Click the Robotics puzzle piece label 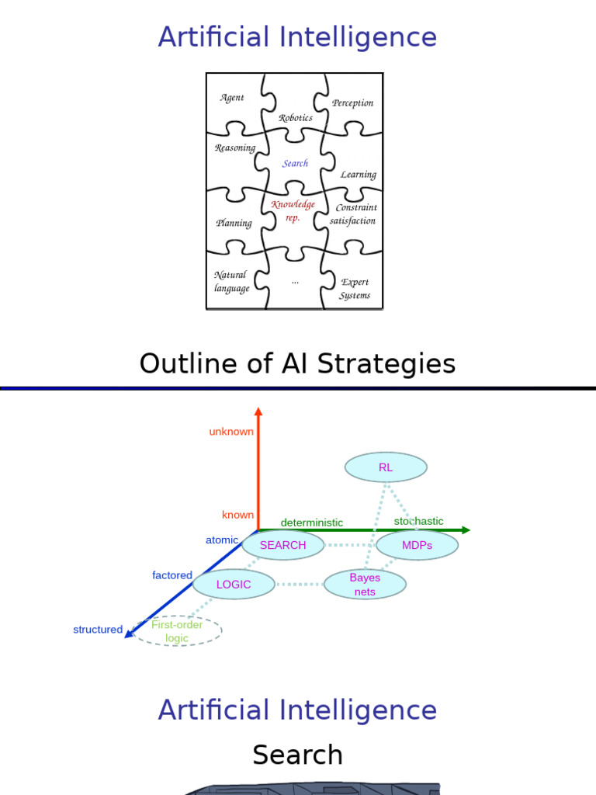pos(296,118)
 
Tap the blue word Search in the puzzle pos(295,163)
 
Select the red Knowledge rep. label pos(293,211)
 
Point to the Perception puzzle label pos(352,102)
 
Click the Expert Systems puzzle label pos(355,289)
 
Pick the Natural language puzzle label pos(231,282)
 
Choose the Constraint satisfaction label pos(353,214)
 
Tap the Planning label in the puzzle pos(234,224)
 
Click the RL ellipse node pos(386,467)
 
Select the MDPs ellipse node pos(417,545)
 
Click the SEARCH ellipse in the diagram pos(282,545)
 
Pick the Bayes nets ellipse pos(365,585)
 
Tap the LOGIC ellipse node pos(234,585)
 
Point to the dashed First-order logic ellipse pos(177,631)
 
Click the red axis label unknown pos(231,432)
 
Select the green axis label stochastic pos(418,521)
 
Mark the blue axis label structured pos(98,630)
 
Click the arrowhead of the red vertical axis pos(258,411)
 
